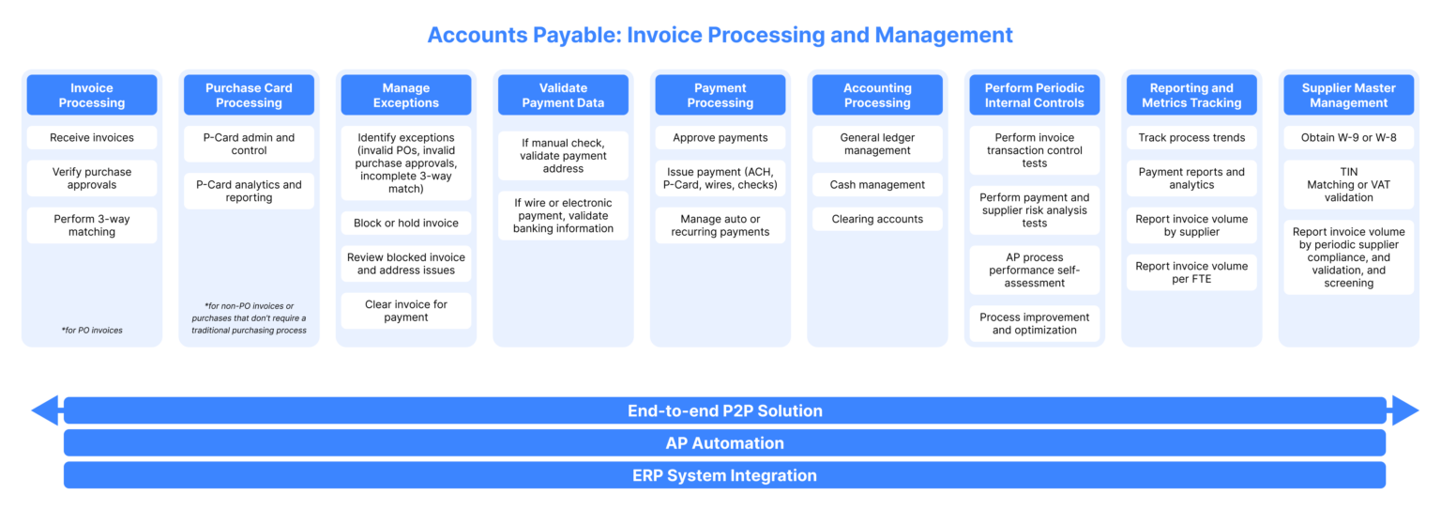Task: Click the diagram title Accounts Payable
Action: point(720,36)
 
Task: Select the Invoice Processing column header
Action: point(91,95)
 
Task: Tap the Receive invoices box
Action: point(91,137)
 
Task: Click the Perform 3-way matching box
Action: point(91,225)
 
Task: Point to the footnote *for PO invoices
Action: point(91,331)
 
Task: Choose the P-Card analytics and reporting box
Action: point(249,191)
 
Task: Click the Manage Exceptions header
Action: point(405,95)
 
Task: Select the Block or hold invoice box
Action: point(405,223)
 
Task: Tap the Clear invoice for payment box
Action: point(405,311)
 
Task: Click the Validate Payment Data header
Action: point(563,95)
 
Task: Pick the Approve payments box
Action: point(720,137)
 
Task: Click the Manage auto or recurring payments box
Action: point(720,225)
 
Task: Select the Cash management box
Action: point(877,185)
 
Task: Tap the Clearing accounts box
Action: point(877,219)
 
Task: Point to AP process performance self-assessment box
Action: point(1034,270)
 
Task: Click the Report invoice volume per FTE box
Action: point(1191,272)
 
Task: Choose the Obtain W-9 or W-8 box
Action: point(1348,137)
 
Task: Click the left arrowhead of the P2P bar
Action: point(44,410)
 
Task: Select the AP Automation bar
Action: point(724,442)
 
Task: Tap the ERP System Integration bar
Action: point(724,475)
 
